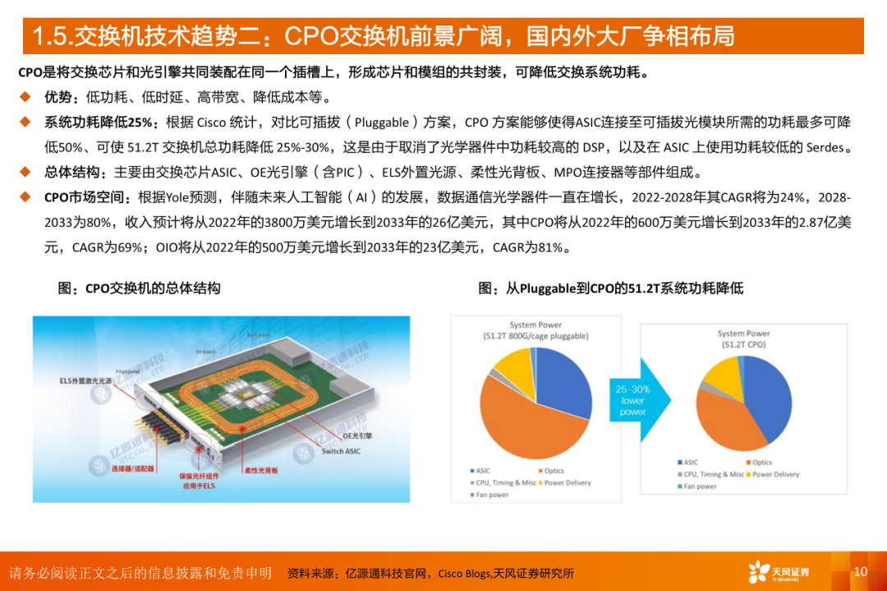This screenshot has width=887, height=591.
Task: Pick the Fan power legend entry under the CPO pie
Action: pos(700,487)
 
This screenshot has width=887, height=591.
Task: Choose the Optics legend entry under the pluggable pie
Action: pos(552,471)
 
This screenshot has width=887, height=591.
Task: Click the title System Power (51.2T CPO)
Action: pos(743,339)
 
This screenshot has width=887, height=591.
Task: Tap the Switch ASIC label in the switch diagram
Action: pos(341,451)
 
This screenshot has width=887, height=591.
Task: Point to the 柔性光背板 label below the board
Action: pos(261,470)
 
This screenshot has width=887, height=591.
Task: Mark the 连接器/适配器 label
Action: pos(132,468)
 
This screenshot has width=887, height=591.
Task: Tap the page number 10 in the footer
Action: pos(861,571)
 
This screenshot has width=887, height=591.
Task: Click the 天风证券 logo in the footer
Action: pos(778,572)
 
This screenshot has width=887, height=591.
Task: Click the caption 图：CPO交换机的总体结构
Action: pos(139,289)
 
